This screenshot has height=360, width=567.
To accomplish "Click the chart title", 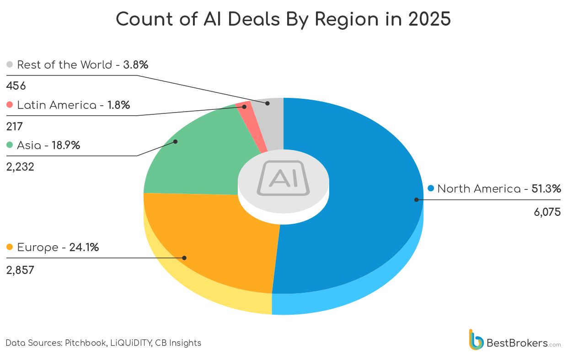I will point(283,20).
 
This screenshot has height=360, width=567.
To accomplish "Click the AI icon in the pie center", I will point(283,178).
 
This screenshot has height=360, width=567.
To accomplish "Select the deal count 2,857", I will point(20,270).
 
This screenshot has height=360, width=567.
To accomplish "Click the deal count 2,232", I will point(20,167).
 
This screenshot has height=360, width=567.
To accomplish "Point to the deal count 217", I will point(14,126).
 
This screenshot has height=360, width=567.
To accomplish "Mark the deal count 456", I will point(16,86).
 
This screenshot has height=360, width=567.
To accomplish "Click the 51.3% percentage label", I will point(546,188).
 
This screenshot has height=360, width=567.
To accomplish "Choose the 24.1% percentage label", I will point(84,247).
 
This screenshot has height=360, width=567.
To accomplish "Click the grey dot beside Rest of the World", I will point(10,64).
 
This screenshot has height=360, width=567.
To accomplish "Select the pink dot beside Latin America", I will point(10,105).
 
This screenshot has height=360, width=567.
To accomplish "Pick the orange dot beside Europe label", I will point(10,247).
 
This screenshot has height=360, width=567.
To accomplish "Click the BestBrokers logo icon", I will point(476,340).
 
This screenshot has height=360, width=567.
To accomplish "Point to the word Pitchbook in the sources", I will point(86,343).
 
